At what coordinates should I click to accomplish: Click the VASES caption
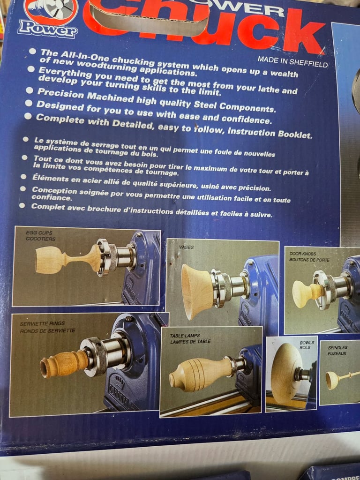[186, 247]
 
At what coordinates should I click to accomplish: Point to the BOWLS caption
[307, 345]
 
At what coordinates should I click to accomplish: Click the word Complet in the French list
[45, 206]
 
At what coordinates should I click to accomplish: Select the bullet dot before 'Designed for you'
[29, 103]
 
